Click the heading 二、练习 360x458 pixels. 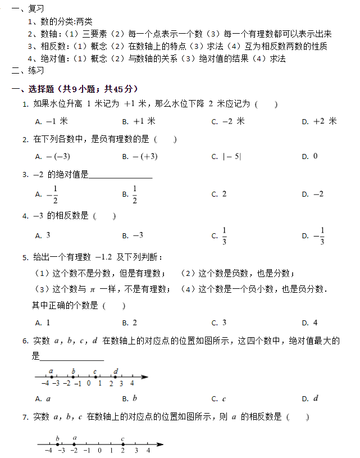coord(28,71)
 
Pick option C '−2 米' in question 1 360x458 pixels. coord(227,121)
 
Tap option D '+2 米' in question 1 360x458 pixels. coord(318,121)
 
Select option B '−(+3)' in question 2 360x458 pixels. coord(140,157)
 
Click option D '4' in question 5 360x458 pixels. coord(309,323)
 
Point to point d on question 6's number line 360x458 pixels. coord(116,377)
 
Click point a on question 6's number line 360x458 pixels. coord(51,377)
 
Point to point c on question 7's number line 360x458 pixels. coord(122,445)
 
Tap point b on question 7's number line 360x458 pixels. coord(57,445)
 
